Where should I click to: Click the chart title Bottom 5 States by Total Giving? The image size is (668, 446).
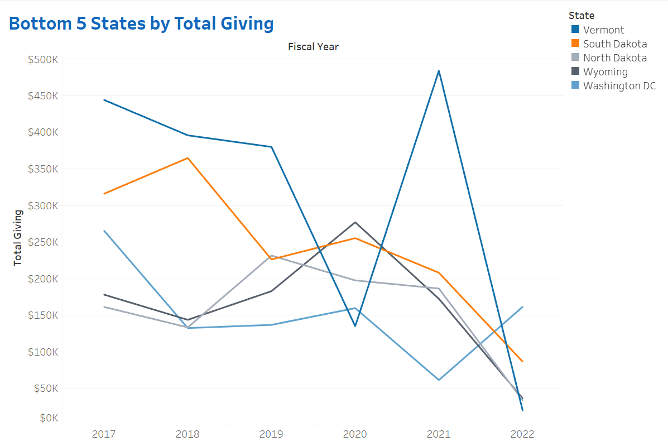141,23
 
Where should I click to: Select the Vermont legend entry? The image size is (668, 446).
604,30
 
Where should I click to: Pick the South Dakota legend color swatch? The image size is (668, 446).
575,44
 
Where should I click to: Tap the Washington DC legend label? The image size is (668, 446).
619,86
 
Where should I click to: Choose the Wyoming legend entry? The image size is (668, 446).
605,72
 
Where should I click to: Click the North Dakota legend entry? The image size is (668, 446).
614,57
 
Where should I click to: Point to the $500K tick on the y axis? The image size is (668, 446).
43,59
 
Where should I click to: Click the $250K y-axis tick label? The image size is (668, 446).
43,242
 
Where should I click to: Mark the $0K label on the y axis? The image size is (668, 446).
47,418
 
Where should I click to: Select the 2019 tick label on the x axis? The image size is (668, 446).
271,434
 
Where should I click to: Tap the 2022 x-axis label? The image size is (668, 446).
522,434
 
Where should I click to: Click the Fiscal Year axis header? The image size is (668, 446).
313,47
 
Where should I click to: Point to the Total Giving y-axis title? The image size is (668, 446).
18,237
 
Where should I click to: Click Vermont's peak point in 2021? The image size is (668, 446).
439,71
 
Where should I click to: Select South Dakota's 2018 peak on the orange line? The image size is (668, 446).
188,158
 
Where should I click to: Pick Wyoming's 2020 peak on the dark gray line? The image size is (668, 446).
355,222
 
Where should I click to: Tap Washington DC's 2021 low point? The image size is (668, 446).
439,380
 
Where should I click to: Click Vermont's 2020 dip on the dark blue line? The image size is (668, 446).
355,326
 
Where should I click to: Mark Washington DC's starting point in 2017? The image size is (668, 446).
104,231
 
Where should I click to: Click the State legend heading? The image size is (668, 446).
582,15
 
